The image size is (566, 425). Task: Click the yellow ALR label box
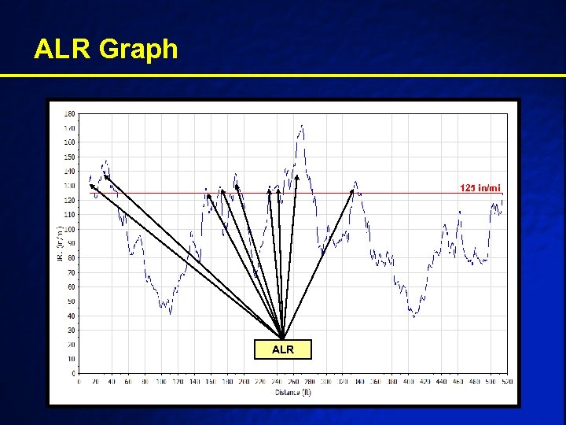[282, 349]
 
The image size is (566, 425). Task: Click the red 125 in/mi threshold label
[480, 187]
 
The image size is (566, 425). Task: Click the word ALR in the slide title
[62, 50]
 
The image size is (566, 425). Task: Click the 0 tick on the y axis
[73, 373]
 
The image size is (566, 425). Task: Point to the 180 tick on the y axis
[70, 113]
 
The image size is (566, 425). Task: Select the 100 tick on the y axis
[70, 229]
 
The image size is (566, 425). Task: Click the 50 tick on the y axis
[72, 301]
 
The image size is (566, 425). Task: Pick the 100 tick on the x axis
[161, 382]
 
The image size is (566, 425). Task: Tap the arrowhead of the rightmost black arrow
[354, 189]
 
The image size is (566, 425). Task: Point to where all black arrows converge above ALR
[282, 338]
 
